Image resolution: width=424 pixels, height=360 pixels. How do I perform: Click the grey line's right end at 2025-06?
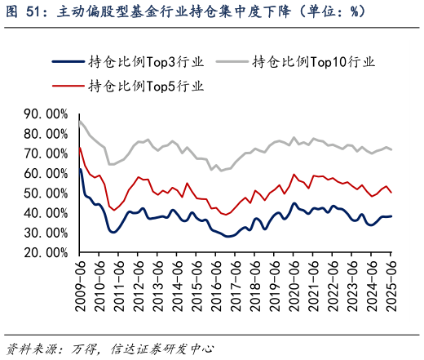pos(392,149)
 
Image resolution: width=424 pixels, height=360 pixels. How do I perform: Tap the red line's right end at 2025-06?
pos(392,193)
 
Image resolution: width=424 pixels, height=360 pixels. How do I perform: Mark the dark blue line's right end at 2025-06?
pos(392,216)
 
